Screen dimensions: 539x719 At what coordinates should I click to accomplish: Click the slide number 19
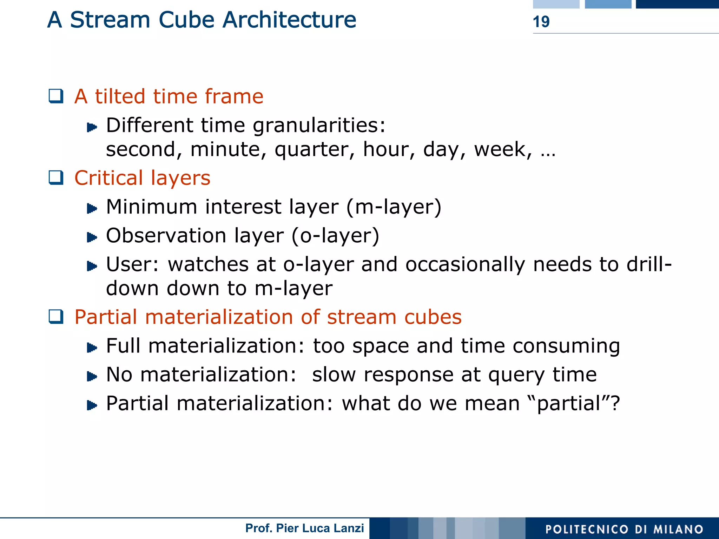coord(541,22)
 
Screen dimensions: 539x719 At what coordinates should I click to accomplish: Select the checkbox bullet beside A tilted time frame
coord(56,96)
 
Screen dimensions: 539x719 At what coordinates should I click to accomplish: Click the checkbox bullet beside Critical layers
coord(56,177)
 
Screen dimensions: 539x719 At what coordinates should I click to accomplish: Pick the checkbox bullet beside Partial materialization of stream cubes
coord(56,317)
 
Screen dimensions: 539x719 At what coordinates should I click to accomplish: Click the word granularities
coord(319,126)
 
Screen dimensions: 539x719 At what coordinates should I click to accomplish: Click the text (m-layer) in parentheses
coord(394,207)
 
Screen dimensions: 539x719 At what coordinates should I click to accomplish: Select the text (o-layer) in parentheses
coord(335,235)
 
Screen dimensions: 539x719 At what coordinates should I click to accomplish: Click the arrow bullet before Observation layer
coord(92,237)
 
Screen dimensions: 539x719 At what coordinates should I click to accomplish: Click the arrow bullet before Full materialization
coord(92,348)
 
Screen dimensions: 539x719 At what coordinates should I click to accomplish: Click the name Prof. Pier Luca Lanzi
coord(304,528)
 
